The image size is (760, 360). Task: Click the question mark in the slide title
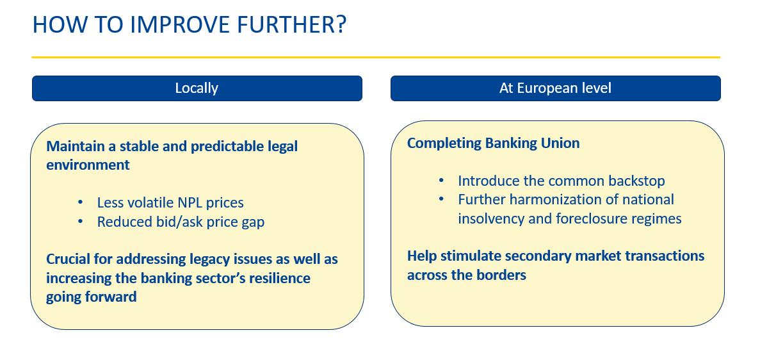click(x=341, y=24)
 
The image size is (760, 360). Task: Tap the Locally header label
click(x=197, y=88)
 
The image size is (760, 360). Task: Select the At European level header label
click(x=556, y=88)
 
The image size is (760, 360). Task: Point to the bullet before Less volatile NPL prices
click(x=81, y=202)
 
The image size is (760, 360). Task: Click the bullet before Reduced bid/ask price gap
click(x=81, y=222)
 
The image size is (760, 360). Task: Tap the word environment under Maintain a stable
click(x=88, y=165)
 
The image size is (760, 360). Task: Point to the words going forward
click(x=91, y=297)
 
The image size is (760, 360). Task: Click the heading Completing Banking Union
click(x=494, y=143)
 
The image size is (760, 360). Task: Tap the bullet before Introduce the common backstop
click(x=441, y=181)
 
